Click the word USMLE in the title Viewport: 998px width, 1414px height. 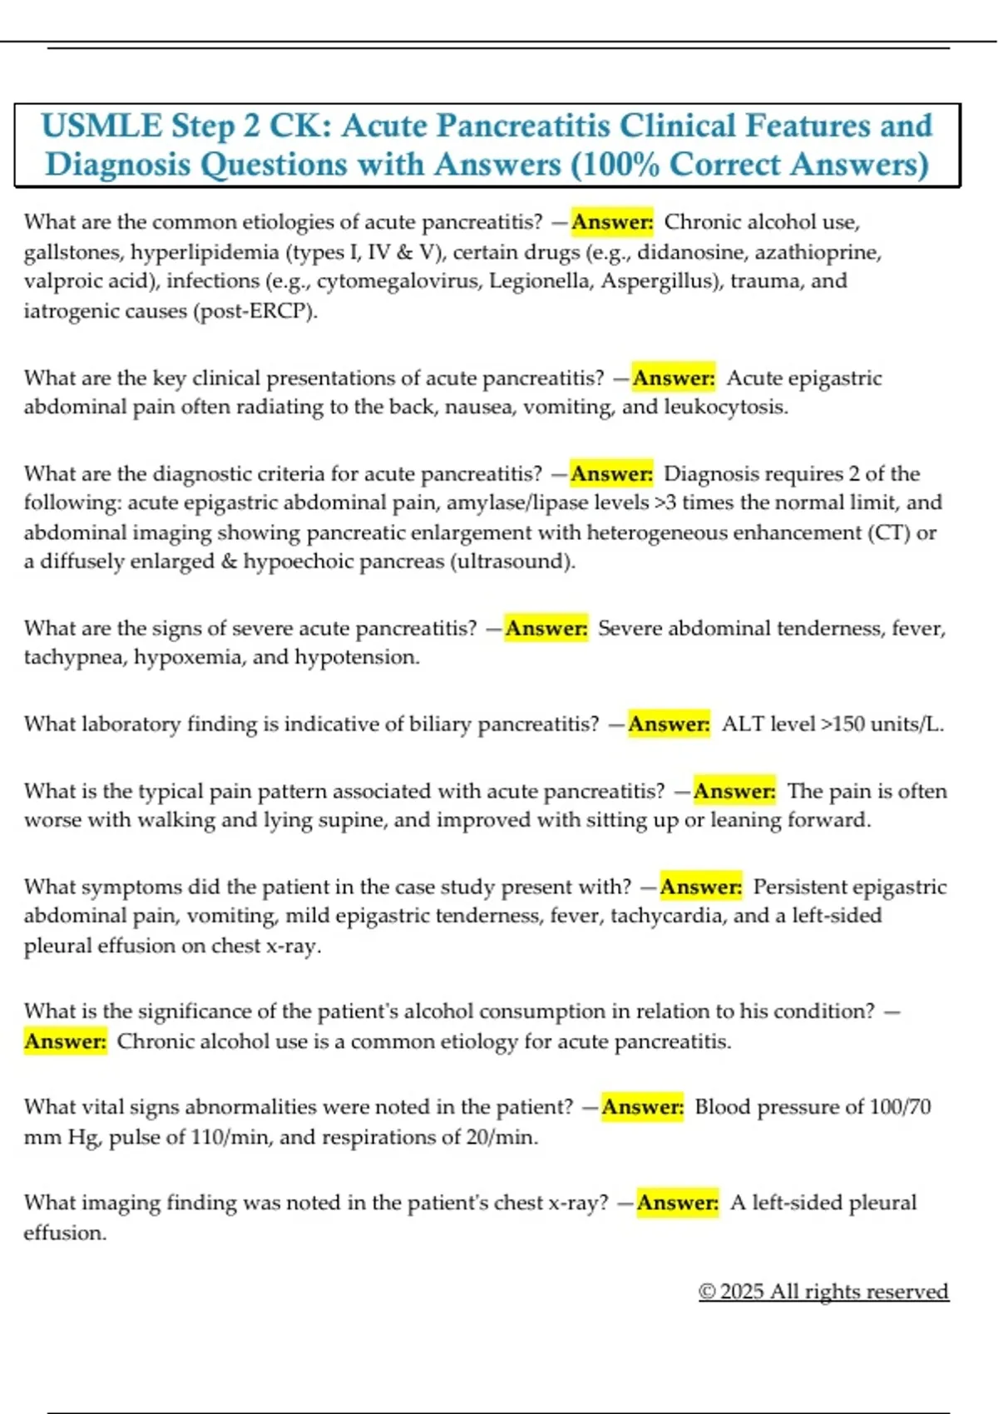point(101,126)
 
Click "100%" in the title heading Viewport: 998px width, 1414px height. point(618,165)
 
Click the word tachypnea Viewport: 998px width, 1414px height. point(75,657)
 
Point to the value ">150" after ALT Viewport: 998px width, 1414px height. point(842,724)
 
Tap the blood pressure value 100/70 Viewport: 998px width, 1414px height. point(900,1107)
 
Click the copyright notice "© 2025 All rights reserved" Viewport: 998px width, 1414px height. point(823,1291)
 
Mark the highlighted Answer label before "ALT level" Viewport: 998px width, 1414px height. point(669,724)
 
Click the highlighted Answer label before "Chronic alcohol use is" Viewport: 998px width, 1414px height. point(66,1041)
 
